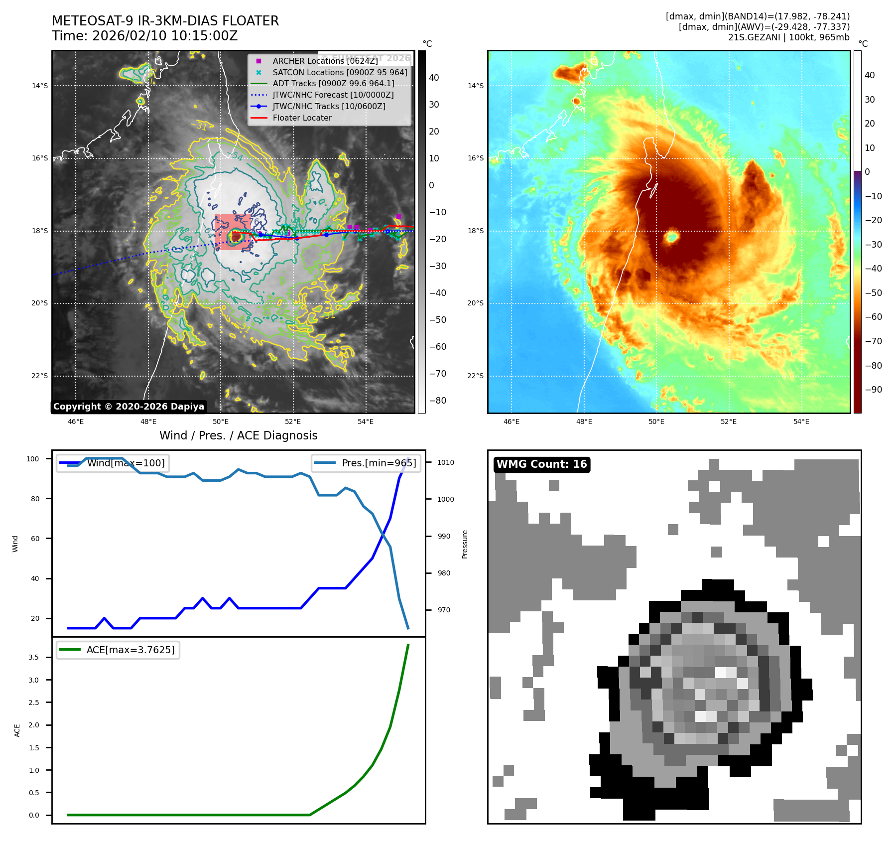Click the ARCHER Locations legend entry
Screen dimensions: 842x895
[x=325, y=61]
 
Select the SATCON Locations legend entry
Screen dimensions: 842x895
[x=340, y=72]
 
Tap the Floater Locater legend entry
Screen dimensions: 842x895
[x=302, y=118]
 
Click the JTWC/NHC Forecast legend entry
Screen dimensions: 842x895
[x=333, y=95]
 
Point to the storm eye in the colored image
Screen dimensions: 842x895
[x=671, y=237]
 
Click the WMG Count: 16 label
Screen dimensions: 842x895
[x=541, y=464]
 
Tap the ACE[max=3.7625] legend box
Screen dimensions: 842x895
[x=118, y=650]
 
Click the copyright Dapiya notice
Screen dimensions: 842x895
[x=128, y=407]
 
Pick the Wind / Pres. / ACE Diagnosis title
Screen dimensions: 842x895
[x=238, y=435]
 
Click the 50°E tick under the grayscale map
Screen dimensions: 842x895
[x=221, y=422]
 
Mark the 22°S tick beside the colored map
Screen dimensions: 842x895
[x=475, y=376]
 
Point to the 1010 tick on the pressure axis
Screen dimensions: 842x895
[x=445, y=462]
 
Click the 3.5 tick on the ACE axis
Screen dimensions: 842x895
[x=33, y=657]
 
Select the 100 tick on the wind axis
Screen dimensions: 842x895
[x=32, y=459]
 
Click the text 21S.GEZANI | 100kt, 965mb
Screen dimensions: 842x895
[x=788, y=37]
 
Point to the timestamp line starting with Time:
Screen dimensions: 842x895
[x=144, y=36]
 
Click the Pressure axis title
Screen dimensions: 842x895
[x=465, y=544]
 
